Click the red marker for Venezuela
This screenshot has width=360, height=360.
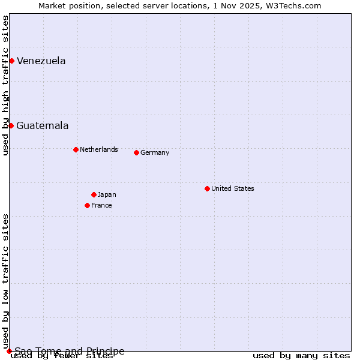pos(11,61)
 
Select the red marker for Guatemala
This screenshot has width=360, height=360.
pos(11,125)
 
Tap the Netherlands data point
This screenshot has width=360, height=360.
pos(76,149)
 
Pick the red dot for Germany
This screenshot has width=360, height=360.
pos(136,152)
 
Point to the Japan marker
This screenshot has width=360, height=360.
pos(94,194)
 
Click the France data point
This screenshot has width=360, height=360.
pos(87,205)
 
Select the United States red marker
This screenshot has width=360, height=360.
pos(207,188)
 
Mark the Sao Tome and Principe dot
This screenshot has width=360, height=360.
pos(9,351)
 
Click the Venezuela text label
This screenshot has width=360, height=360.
pos(41,61)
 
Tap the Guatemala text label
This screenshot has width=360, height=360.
pos(43,125)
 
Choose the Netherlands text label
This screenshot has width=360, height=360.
pos(99,149)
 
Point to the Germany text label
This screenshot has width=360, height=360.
pos(155,152)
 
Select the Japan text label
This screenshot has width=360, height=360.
pos(107,194)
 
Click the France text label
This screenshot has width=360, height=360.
pos(101,205)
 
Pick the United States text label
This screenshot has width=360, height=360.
pos(233,188)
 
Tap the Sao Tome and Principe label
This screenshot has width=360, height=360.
pos(70,351)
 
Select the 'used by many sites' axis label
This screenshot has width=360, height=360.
pos(301,356)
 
